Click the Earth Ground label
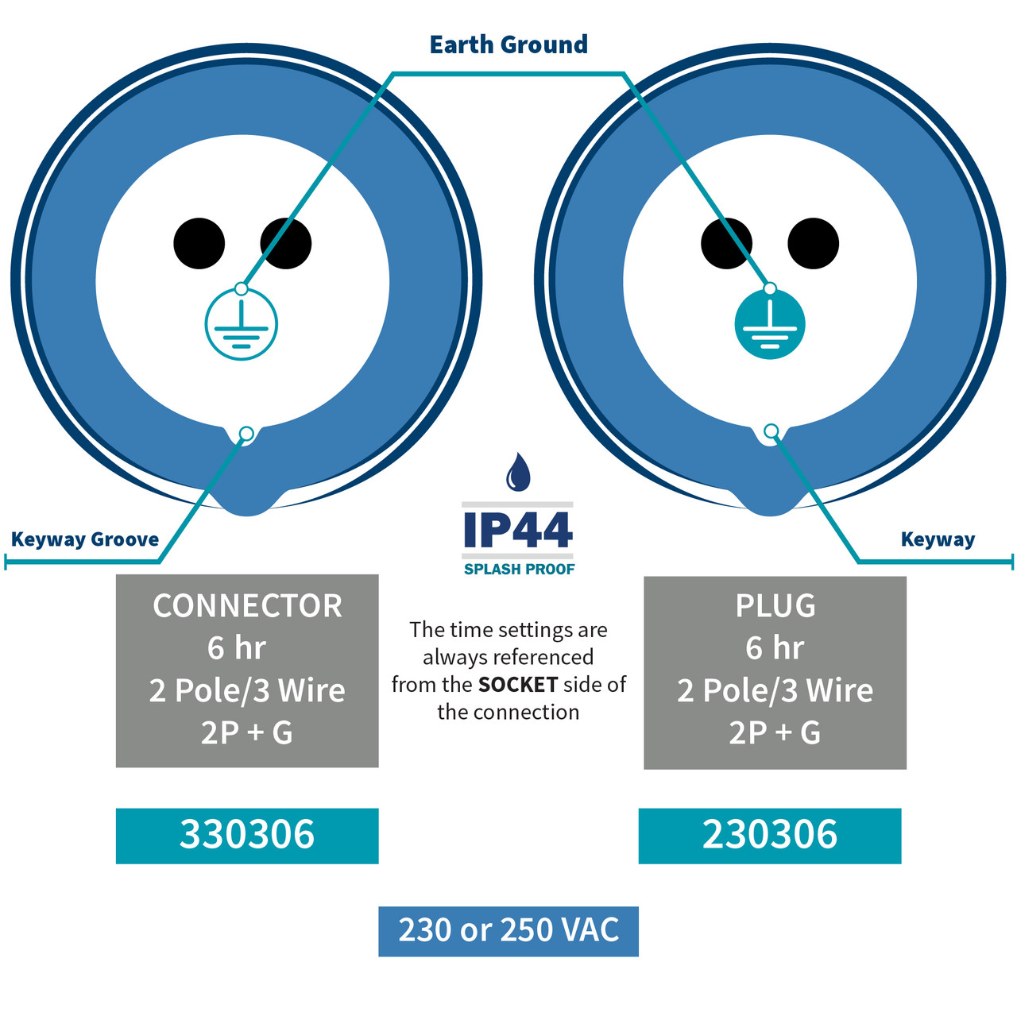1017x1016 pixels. point(508,44)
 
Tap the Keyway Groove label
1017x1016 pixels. point(85,539)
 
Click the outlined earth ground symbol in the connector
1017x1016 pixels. point(242,324)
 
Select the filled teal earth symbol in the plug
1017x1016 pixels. point(769,324)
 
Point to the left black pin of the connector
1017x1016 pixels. point(199,243)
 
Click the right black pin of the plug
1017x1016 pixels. point(813,243)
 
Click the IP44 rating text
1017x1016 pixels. point(518,530)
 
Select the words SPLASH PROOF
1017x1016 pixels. point(519,569)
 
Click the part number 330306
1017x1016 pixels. point(247,834)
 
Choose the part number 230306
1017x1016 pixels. point(769,834)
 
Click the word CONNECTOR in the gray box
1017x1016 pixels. point(247,605)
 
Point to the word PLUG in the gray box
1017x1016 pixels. point(775,605)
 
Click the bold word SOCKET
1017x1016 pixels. point(518,685)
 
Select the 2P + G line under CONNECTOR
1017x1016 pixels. point(246,732)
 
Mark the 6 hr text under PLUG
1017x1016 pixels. point(775,647)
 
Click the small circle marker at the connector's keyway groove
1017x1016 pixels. point(246,435)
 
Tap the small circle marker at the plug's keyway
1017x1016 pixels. point(771,431)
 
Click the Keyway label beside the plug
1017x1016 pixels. point(938,539)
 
